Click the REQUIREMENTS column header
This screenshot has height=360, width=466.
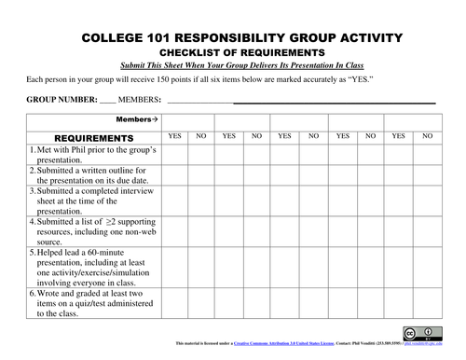pyautogui.click(x=82, y=138)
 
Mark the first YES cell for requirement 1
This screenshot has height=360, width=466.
pyautogui.click(x=174, y=155)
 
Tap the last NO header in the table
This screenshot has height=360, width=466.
pyautogui.click(x=427, y=137)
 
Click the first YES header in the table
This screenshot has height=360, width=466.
pyautogui.click(x=174, y=137)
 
